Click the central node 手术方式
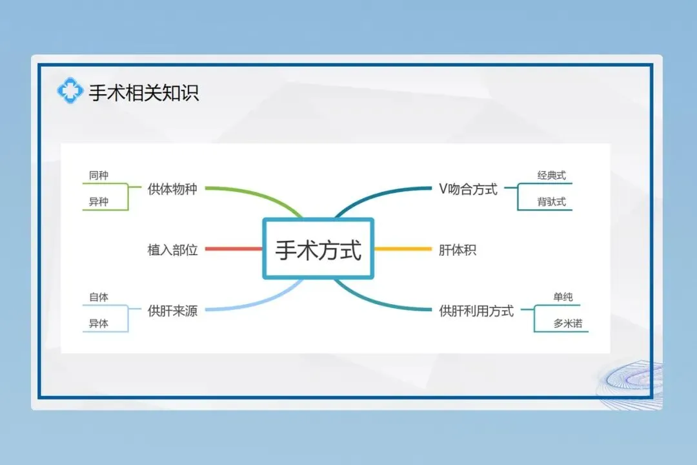(318, 249)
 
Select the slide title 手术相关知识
(143, 93)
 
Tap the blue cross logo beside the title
(70, 91)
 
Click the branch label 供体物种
(172, 189)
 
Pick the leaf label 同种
(99, 175)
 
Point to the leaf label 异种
(99, 201)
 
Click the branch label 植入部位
(172, 250)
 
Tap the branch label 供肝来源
(172, 311)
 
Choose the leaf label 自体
(99, 297)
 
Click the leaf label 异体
(99, 324)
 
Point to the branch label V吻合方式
(468, 189)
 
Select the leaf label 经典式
(551, 175)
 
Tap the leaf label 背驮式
(551, 201)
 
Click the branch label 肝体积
(458, 250)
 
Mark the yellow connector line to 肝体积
(403, 249)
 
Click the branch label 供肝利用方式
(476, 311)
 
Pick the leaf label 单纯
(562, 297)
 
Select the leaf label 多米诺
(567, 324)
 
